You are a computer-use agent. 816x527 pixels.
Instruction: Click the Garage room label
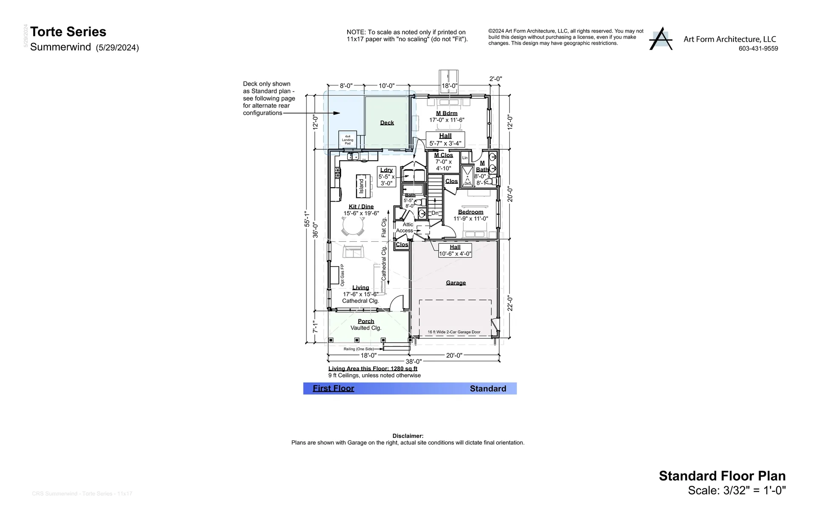pos(456,283)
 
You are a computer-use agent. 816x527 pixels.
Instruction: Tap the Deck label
pos(387,123)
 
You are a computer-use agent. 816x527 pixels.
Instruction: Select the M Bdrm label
pos(447,113)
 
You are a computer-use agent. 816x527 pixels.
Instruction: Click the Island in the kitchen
pos(362,186)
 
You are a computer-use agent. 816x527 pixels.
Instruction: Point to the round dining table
pos(353,226)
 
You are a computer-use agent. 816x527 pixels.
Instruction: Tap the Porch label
pos(366,321)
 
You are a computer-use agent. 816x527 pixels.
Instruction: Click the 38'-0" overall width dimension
pos(414,362)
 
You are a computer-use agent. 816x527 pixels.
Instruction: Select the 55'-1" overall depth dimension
pos(307,219)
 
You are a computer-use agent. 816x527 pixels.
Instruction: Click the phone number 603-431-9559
pos(758,49)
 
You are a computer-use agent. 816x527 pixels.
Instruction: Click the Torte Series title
pos(68,32)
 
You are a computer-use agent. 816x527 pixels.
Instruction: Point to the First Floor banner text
pos(333,389)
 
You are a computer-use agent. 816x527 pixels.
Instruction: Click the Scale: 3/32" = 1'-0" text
pos(737,490)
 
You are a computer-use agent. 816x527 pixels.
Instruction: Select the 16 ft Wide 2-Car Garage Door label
pos(454,332)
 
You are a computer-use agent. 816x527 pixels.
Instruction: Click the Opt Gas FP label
pos(343,275)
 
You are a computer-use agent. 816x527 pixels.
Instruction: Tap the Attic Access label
pos(405,228)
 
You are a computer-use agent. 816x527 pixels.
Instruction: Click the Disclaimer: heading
pos(408,436)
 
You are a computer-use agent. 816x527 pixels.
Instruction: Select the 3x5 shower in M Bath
pos(467,177)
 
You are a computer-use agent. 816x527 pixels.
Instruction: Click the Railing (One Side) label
pos(359,349)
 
